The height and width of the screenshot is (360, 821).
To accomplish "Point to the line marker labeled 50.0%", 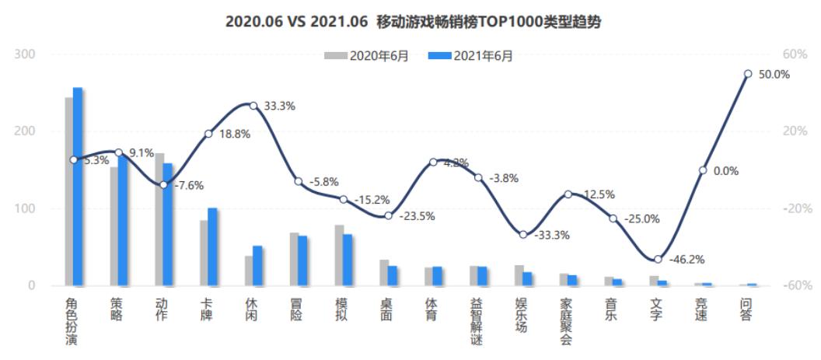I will tap(747, 74).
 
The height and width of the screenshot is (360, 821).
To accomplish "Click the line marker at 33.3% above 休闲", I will tap(253, 105).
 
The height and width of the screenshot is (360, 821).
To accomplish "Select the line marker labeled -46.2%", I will tap(658, 259).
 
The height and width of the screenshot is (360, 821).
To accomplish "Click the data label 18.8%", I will tap(235, 134).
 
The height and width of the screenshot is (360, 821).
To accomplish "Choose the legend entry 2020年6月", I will tap(367, 55).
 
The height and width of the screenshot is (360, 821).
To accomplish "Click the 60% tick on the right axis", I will tap(795, 54).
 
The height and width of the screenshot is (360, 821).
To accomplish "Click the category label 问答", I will tap(747, 309).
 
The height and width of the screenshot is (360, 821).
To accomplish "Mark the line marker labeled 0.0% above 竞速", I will tap(703, 170).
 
